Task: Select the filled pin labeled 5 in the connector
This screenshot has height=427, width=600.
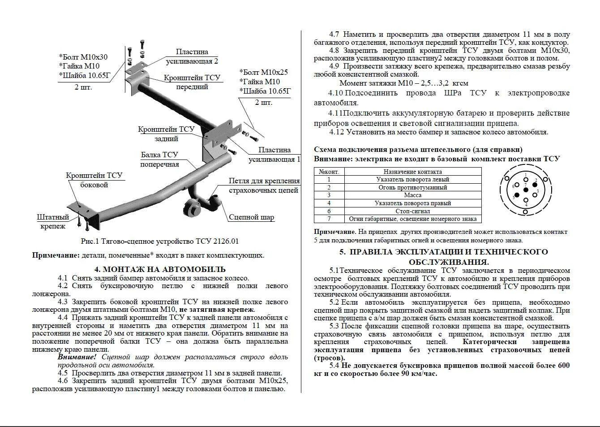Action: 517,195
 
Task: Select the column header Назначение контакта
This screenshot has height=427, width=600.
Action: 412,172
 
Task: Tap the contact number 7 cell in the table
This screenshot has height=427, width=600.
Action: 329,219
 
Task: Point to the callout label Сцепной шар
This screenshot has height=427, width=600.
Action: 251,217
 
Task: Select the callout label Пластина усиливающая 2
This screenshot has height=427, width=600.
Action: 192,56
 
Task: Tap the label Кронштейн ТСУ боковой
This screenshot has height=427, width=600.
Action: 94,180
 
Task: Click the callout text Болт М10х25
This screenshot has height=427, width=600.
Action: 263,72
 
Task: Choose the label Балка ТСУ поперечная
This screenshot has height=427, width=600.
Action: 159,159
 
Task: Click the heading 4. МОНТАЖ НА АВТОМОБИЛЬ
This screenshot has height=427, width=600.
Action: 160,269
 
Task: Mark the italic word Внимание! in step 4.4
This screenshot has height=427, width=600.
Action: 77,357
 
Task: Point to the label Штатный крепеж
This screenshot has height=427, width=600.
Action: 53,221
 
